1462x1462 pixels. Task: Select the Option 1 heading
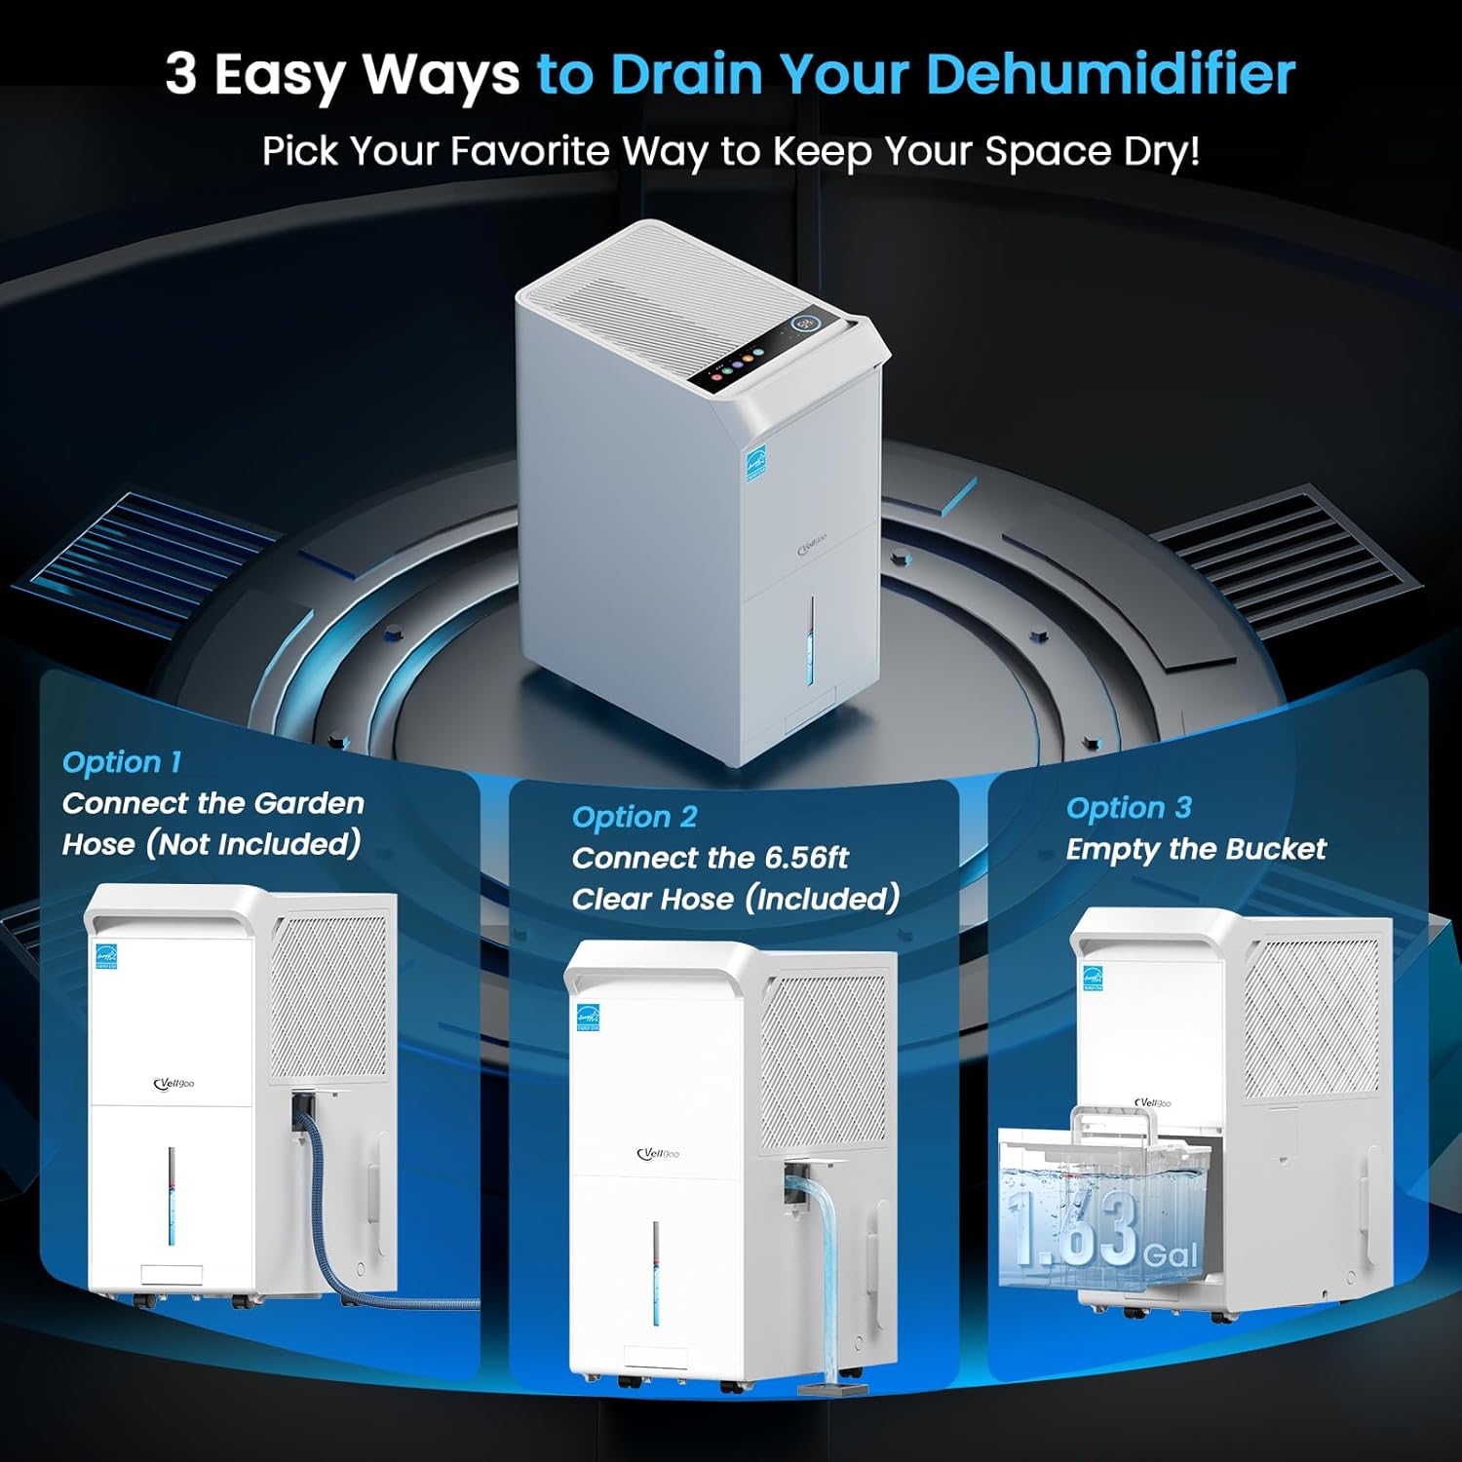pyautogui.click(x=122, y=762)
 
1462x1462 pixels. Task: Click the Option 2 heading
pyautogui.click(x=635, y=817)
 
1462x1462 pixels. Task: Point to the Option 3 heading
pyautogui.click(x=1129, y=808)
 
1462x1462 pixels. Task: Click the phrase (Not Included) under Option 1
pyautogui.click(x=253, y=843)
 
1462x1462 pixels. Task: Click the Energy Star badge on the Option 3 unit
pyautogui.click(x=1093, y=978)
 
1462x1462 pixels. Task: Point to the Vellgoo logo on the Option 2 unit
pyautogui.click(x=658, y=1154)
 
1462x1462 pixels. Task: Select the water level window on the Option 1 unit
pyautogui.click(x=172, y=1195)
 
